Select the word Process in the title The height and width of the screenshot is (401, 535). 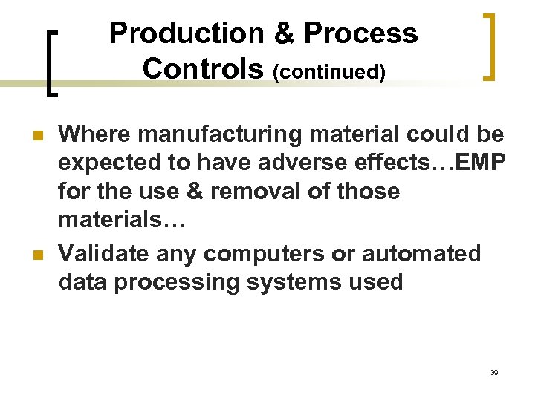361,33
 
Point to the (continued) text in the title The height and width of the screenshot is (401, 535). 329,72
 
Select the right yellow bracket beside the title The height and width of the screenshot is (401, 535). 490,47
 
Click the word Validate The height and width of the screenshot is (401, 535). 104,253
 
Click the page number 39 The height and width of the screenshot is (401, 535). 494,372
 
